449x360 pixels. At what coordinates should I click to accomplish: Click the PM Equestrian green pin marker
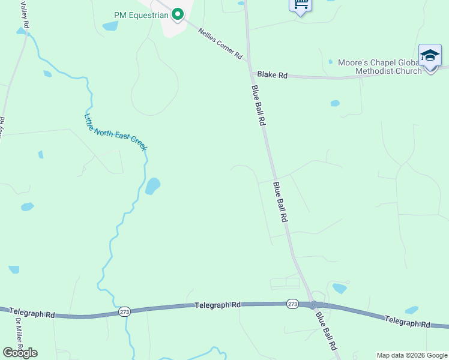(x=177, y=14)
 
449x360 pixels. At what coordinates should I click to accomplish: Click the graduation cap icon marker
(x=429, y=56)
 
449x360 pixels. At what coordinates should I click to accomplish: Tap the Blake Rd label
(x=273, y=75)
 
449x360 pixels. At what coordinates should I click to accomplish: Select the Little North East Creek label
(x=115, y=132)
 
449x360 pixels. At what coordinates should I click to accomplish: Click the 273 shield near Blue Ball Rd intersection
(x=292, y=304)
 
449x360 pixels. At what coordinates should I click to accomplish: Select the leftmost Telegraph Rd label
(x=32, y=314)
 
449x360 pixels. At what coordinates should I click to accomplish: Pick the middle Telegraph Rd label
(x=217, y=305)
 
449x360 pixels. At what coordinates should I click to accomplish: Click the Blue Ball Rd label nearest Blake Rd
(x=258, y=105)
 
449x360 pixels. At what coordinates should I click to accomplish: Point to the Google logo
(x=20, y=353)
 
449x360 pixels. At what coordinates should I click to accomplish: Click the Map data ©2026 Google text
(x=412, y=355)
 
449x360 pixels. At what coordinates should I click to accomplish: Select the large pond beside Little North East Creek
(x=152, y=186)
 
